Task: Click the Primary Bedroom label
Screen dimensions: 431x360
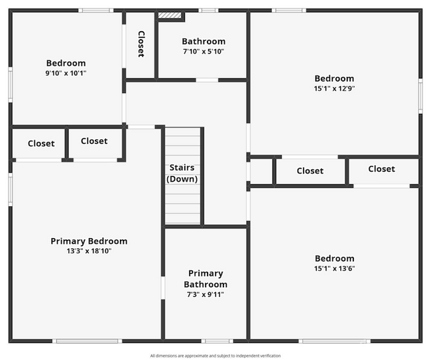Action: pyautogui.click(x=89, y=241)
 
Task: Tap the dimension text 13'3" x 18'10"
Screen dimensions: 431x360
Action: pyautogui.click(x=89, y=251)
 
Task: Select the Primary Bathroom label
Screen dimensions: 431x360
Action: pyautogui.click(x=206, y=278)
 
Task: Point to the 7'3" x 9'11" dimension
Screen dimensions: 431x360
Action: pyautogui.click(x=206, y=294)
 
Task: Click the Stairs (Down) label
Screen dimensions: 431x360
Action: pyautogui.click(x=182, y=173)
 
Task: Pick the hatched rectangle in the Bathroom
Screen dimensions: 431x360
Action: pyautogui.click(x=170, y=15)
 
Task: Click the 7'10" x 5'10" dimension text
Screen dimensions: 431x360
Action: pyautogui.click(x=204, y=52)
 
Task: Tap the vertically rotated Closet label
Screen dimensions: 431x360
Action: pyautogui.click(x=141, y=44)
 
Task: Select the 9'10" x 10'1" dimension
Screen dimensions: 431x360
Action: pyautogui.click(x=66, y=73)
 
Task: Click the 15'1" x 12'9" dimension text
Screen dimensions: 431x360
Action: pyautogui.click(x=334, y=88)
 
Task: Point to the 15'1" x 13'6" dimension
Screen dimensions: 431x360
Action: pyautogui.click(x=334, y=269)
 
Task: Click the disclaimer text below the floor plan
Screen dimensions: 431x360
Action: pyautogui.click(x=215, y=356)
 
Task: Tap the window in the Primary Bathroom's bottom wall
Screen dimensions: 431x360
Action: pyautogui.click(x=217, y=341)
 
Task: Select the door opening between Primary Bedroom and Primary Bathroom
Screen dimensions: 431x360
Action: pyautogui.click(x=162, y=288)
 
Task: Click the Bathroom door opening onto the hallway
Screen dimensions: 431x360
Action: pyautogui.click(x=207, y=80)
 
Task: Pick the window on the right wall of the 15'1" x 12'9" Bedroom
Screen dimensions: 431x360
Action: pyautogui.click(x=420, y=96)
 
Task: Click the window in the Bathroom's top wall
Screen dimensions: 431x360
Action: pyautogui.click(x=208, y=11)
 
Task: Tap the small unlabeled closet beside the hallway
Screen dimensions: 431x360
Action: pyautogui.click(x=261, y=172)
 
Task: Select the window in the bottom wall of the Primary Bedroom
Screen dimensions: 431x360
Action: pyautogui.click(x=87, y=341)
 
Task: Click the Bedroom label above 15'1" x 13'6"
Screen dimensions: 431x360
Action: pyautogui.click(x=334, y=259)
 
